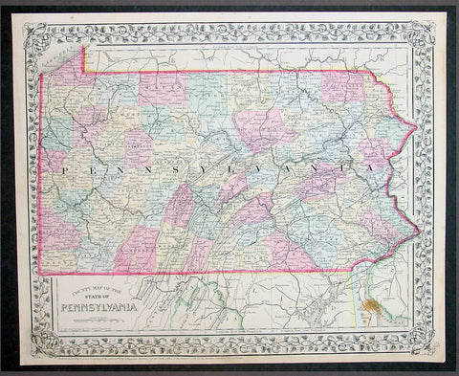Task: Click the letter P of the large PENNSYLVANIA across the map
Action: tap(65, 167)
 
